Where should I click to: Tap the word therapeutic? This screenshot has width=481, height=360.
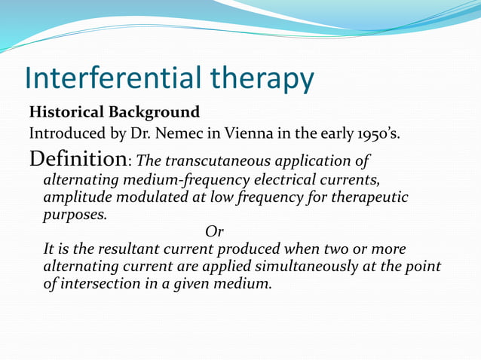click(366, 197)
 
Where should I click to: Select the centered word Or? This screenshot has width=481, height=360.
click(215, 232)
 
